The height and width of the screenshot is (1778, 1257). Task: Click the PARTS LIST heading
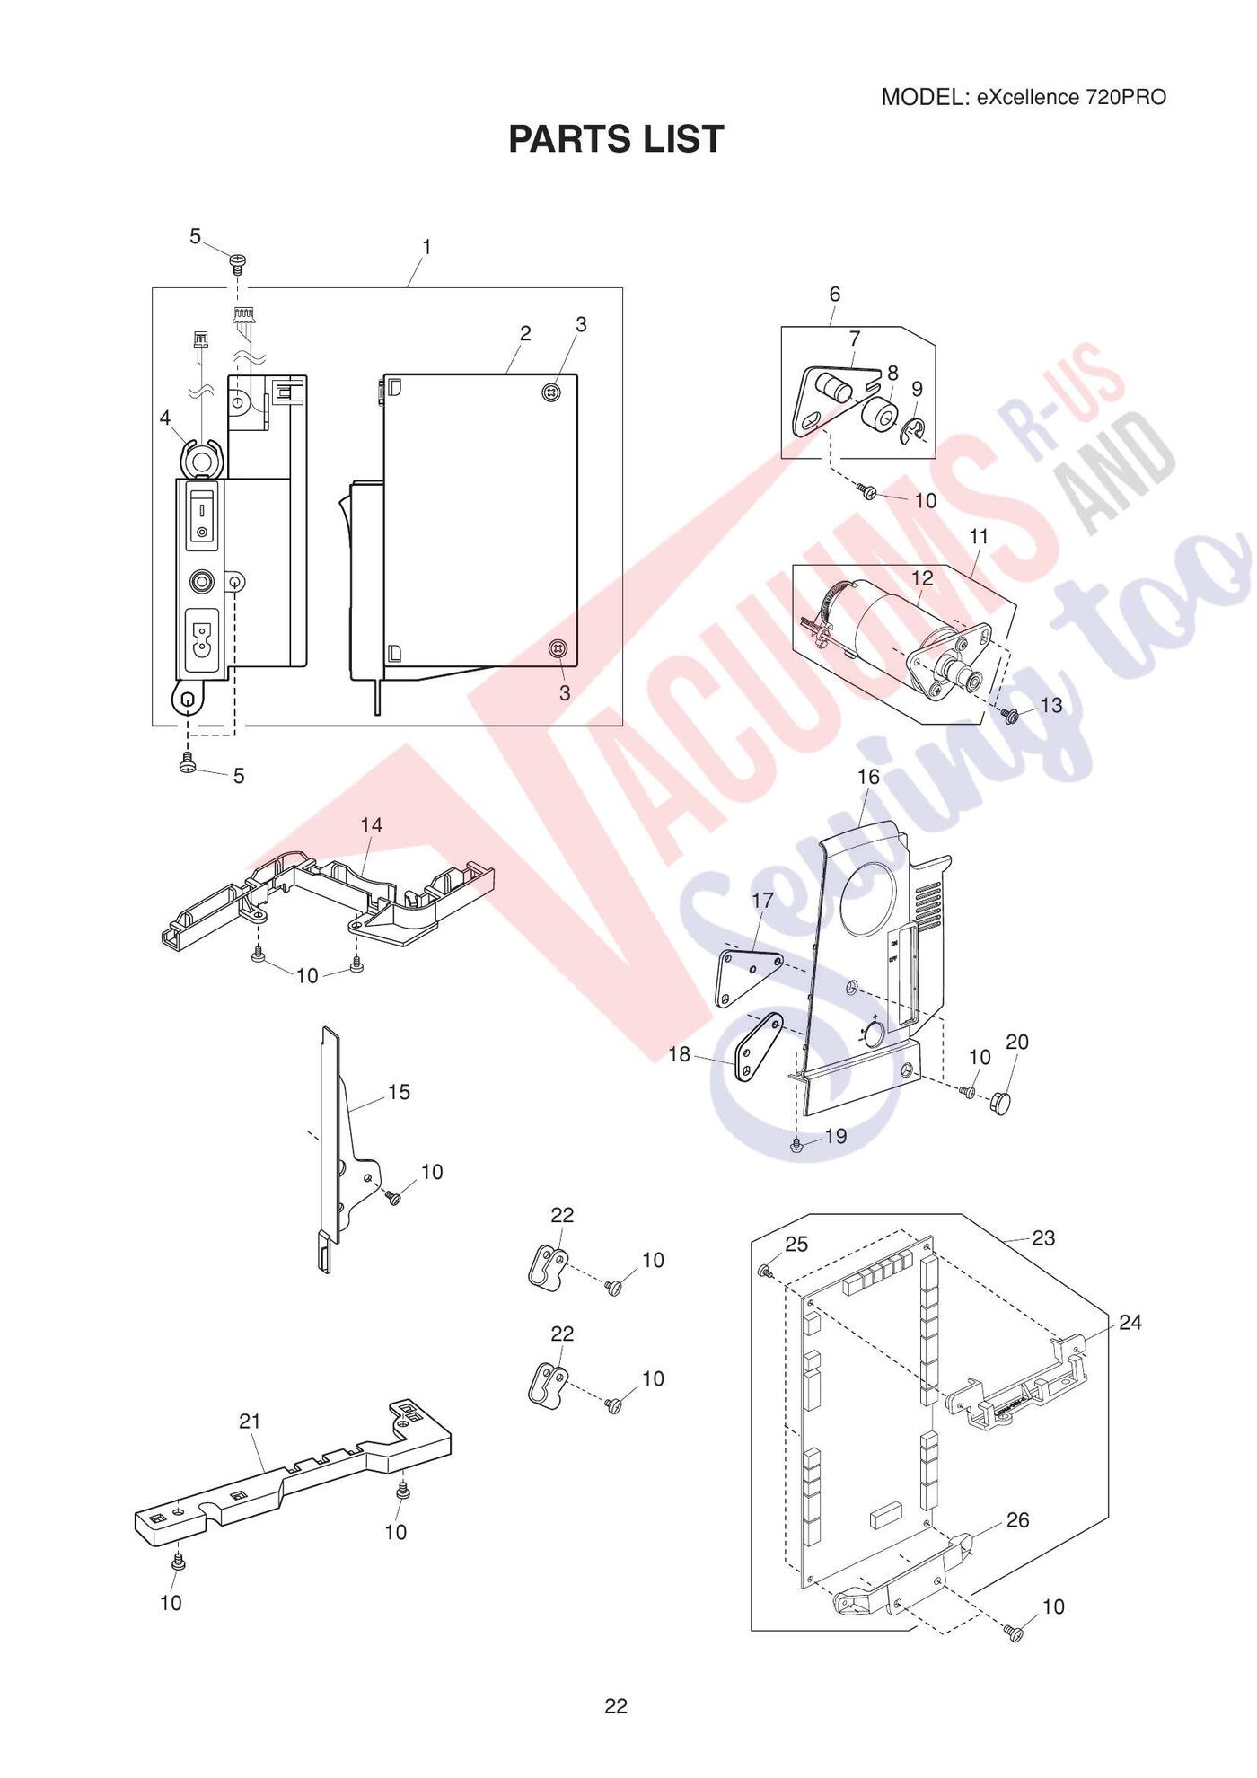(x=616, y=139)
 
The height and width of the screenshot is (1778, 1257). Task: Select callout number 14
(x=372, y=825)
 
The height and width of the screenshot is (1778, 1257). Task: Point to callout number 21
(x=250, y=1422)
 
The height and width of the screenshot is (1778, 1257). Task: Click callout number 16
(x=868, y=776)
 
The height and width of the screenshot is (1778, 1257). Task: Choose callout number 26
(x=1017, y=1520)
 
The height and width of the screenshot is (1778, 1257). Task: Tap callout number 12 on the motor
(x=922, y=578)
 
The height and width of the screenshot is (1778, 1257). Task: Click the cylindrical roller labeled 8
(x=879, y=418)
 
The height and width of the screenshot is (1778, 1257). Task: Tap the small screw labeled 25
(x=765, y=1272)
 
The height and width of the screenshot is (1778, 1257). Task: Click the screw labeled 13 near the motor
(x=1009, y=715)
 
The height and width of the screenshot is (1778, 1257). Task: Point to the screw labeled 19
(x=796, y=1144)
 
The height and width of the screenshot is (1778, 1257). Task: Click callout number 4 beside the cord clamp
(x=164, y=418)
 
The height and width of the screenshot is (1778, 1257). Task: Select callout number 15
(x=399, y=1092)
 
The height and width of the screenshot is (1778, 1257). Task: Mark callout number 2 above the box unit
(x=525, y=333)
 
